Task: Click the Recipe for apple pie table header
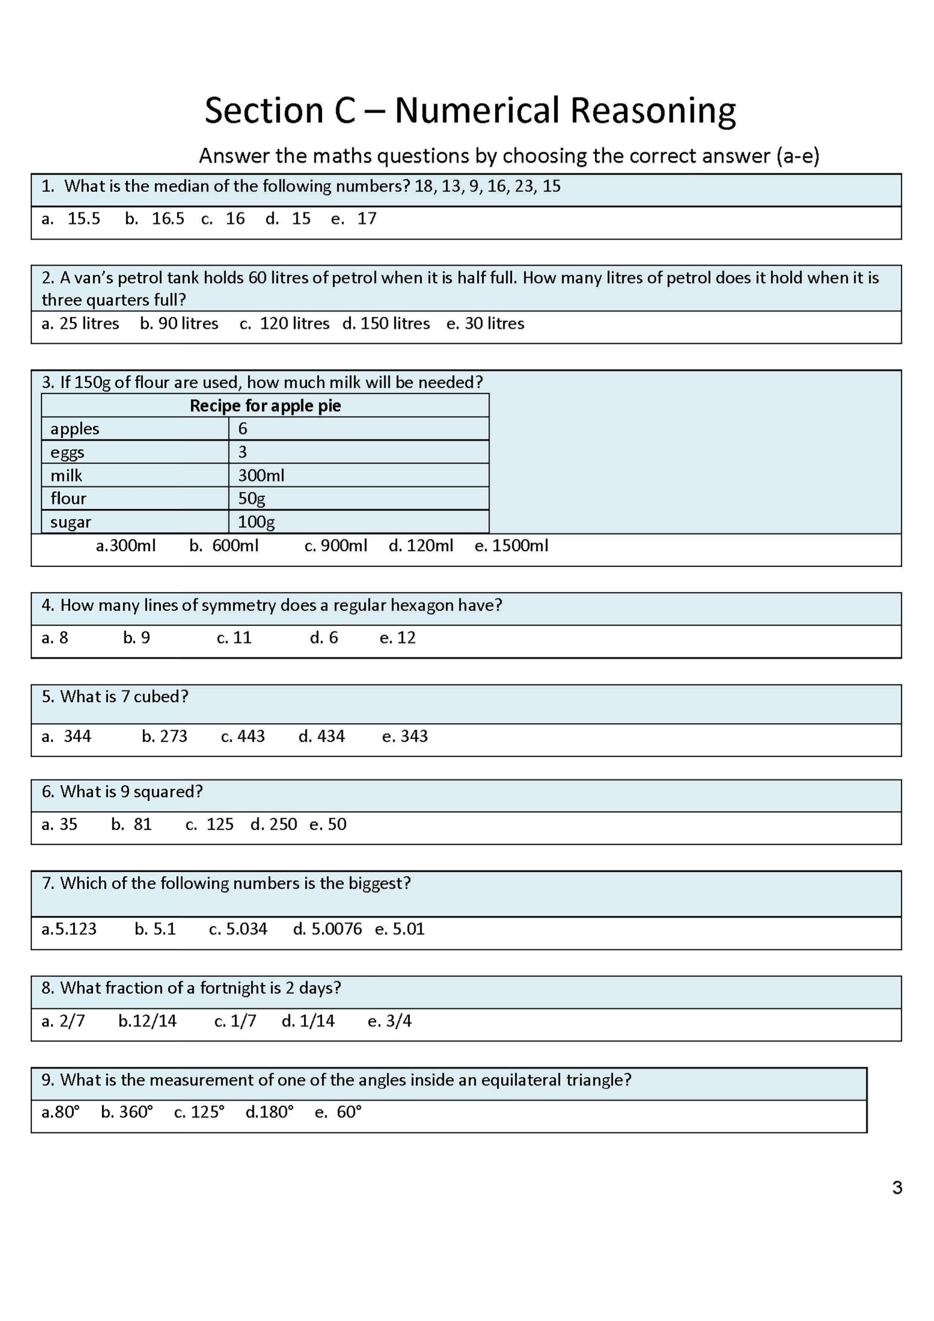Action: click(x=265, y=406)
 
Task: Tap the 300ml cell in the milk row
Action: click(x=261, y=475)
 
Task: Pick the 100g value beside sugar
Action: click(x=256, y=522)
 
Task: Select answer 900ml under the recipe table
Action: click(x=344, y=545)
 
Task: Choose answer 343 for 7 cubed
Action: click(x=414, y=736)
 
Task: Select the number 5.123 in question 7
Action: click(x=76, y=929)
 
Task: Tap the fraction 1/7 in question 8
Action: click(x=243, y=1021)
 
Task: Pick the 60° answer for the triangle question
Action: click(x=349, y=1112)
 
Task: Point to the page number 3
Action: click(x=897, y=1188)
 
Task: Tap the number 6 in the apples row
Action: click(x=243, y=429)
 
